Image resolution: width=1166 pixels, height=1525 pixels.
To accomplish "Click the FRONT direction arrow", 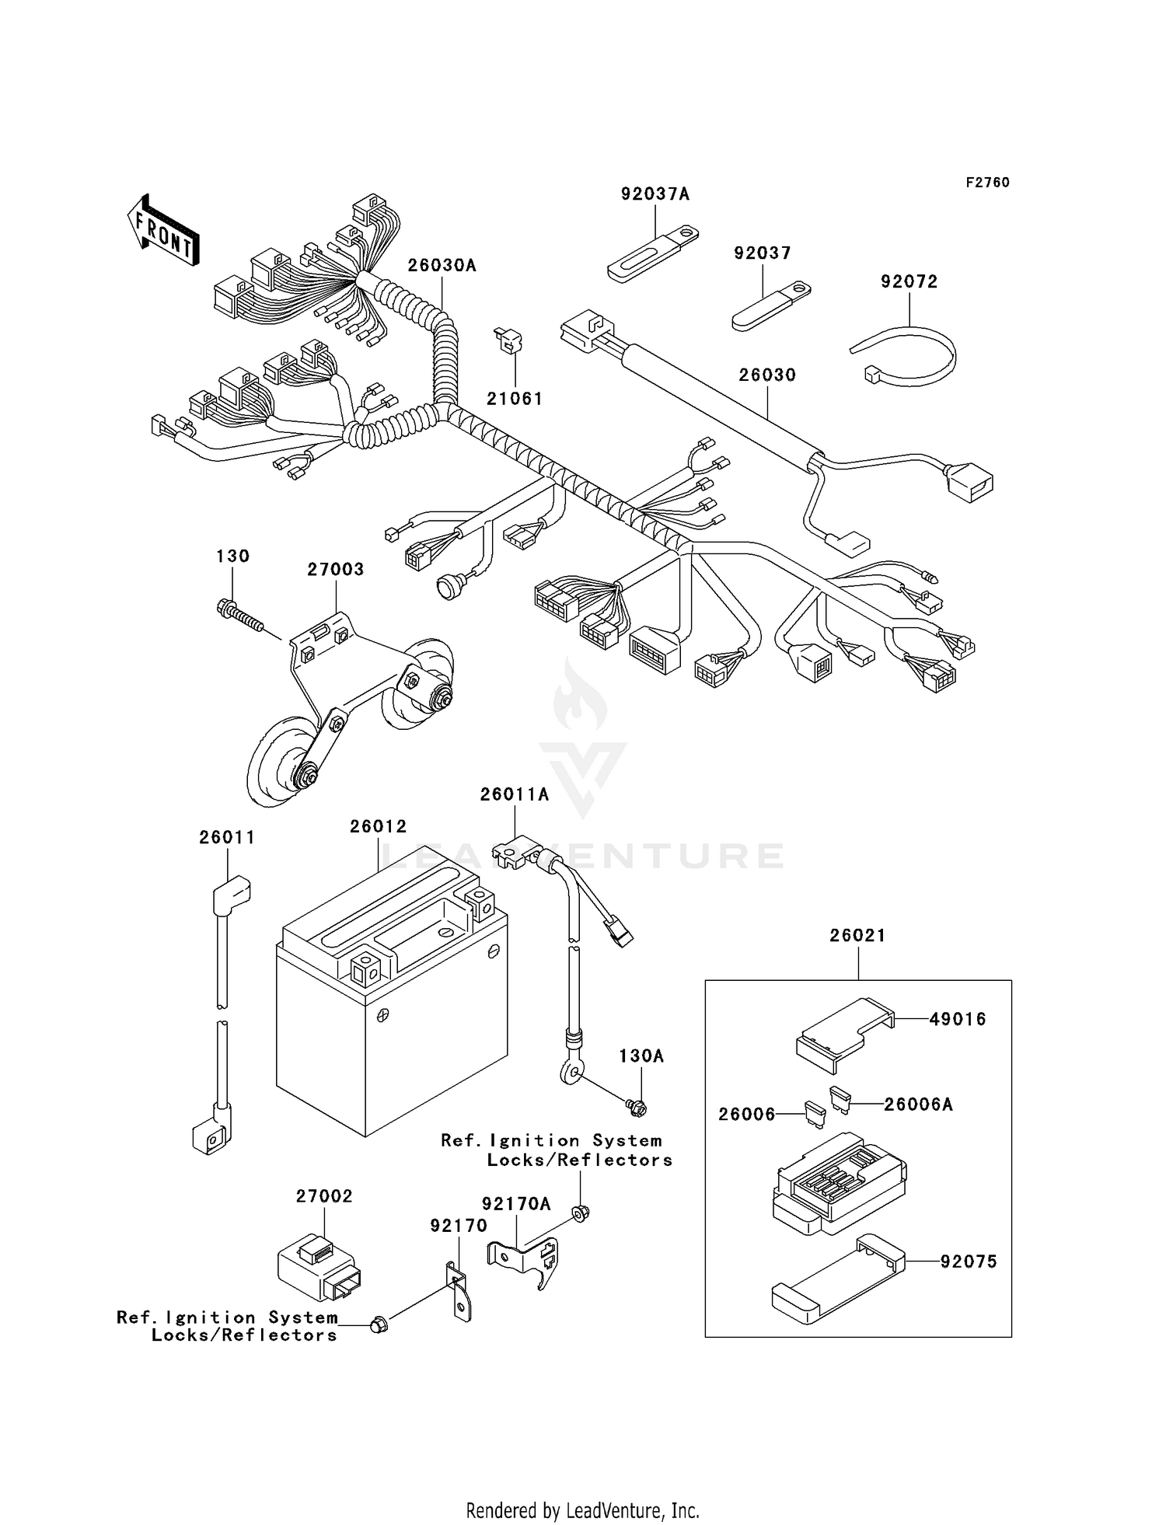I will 162,231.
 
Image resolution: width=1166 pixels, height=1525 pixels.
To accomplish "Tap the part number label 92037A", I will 655,194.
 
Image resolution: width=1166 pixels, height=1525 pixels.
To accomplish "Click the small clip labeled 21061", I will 509,341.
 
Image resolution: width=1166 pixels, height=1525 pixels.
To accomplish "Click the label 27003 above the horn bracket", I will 335,569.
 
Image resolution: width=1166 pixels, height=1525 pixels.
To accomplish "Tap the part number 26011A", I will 514,794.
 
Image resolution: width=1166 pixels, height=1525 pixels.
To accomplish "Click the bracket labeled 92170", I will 459,1292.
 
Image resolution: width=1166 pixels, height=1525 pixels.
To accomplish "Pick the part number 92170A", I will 515,1204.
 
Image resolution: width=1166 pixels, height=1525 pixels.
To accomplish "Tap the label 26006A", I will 917,1104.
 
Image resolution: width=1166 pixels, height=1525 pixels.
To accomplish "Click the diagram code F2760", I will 987,182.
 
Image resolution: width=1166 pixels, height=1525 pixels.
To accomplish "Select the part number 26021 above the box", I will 857,935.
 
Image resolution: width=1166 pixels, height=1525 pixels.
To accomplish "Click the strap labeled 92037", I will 770,305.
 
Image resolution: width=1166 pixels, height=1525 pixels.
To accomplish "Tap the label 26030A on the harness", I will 442,265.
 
